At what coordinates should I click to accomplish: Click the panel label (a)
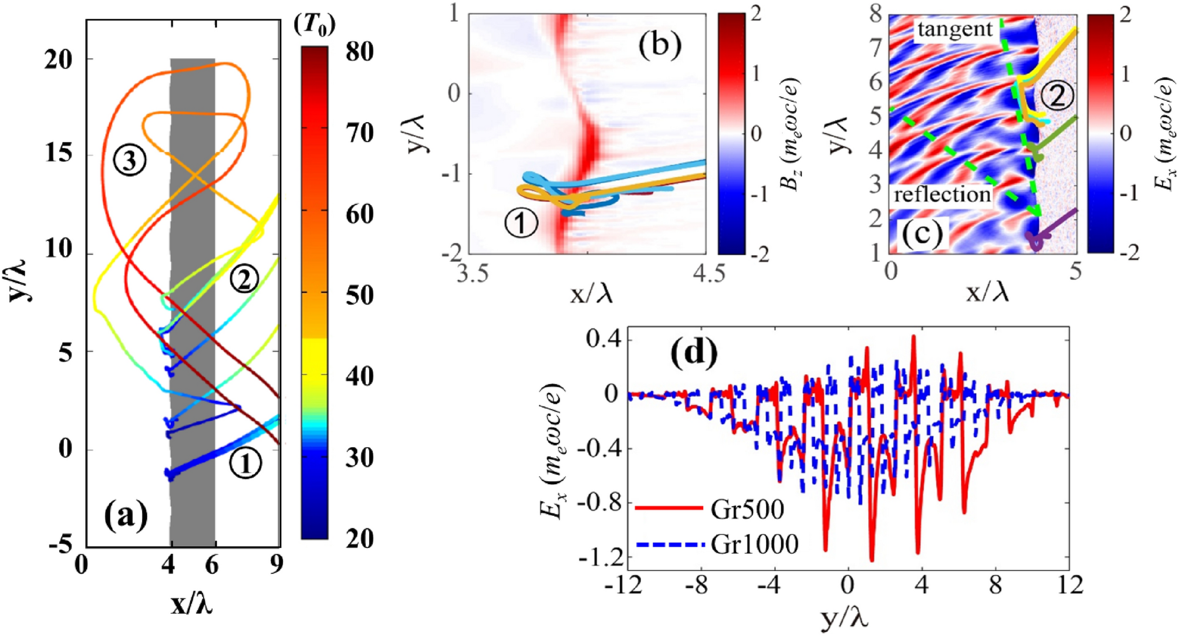tap(126, 516)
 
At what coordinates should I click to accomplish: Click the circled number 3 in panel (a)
tap(130, 160)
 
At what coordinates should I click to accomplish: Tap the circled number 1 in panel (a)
tap(245, 463)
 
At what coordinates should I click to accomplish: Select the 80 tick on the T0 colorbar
tap(359, 52)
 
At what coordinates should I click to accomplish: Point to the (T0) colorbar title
tap(315, 25)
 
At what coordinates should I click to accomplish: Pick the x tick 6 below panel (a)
tap(211, 565)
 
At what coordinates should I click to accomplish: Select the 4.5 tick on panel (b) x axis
tap(709, 273)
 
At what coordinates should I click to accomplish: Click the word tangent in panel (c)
tap(955, 29)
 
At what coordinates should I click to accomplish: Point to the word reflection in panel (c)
tap(942, 194)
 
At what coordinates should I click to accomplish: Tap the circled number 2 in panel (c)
tap(1057, 96)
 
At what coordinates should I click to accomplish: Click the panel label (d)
tap(694, 354)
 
